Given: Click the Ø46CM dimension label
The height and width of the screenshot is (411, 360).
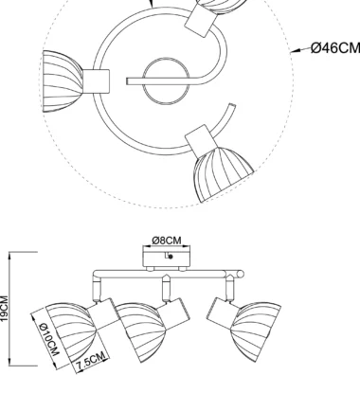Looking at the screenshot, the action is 335,48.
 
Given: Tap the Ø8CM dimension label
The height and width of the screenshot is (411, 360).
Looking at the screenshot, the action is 167,241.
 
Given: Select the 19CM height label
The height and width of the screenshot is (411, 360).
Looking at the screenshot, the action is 4,309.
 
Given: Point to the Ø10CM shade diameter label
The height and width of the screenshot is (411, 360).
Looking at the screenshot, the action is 49,339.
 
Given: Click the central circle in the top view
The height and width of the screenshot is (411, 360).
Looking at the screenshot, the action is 167,81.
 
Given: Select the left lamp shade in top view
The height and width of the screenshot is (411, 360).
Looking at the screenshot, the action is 63,81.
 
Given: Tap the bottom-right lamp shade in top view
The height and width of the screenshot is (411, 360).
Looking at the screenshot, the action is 223,173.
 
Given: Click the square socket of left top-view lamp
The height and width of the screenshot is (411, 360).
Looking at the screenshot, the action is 96,81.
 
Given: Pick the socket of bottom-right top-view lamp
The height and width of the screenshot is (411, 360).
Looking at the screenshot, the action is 202,140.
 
